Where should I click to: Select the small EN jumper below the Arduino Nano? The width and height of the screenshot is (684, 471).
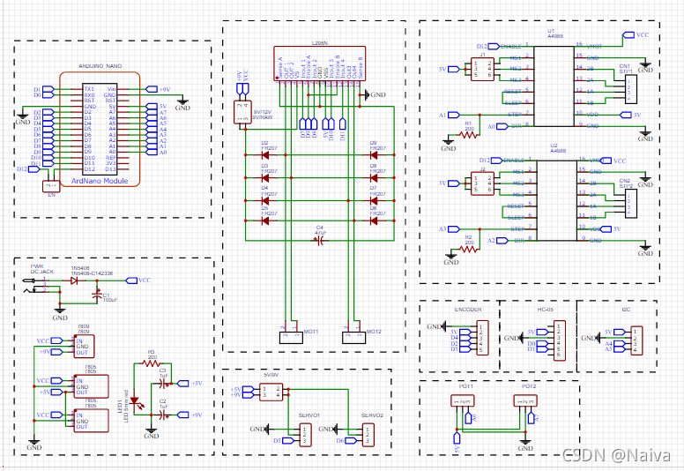[x=51, y=185]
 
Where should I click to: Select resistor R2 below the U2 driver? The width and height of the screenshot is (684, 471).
[x=469, y=248]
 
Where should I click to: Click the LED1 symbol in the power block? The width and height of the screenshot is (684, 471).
[x=133, y=401]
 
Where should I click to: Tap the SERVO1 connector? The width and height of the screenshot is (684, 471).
[x=303, y=434]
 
